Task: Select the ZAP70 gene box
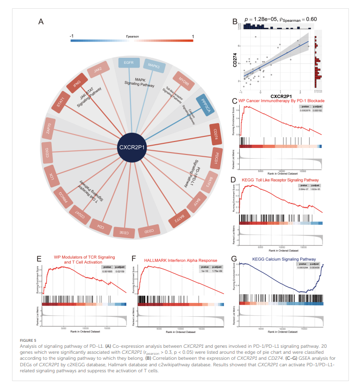[x=49, y=127]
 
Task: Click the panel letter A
[x=41, y=22]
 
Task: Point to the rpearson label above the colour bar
[x=132, y=36]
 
